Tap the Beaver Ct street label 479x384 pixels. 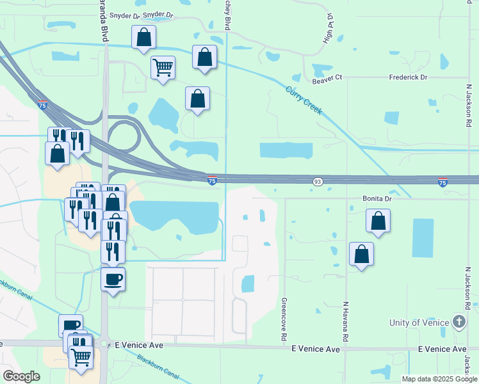click(x=327, y=78)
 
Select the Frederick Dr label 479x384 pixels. click(x=408, y=77)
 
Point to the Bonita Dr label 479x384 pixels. click(x=377, y=198)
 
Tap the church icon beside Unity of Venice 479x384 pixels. click(x=459, y=321)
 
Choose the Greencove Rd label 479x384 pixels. click(x=283, y=318)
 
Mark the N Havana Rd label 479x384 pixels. click(x=345, y=321)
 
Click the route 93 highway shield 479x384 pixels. click(x=318, y=182)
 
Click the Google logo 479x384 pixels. click(x=21, y=376)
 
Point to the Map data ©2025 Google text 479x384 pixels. click(x=439, y=379)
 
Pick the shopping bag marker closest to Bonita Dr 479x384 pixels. click(x=378, y=221)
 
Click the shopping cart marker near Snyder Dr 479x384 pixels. click(x=163, y=66)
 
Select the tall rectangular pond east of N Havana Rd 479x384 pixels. click(x=423, y=238)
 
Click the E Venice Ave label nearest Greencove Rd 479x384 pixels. click(x=316, y=349)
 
